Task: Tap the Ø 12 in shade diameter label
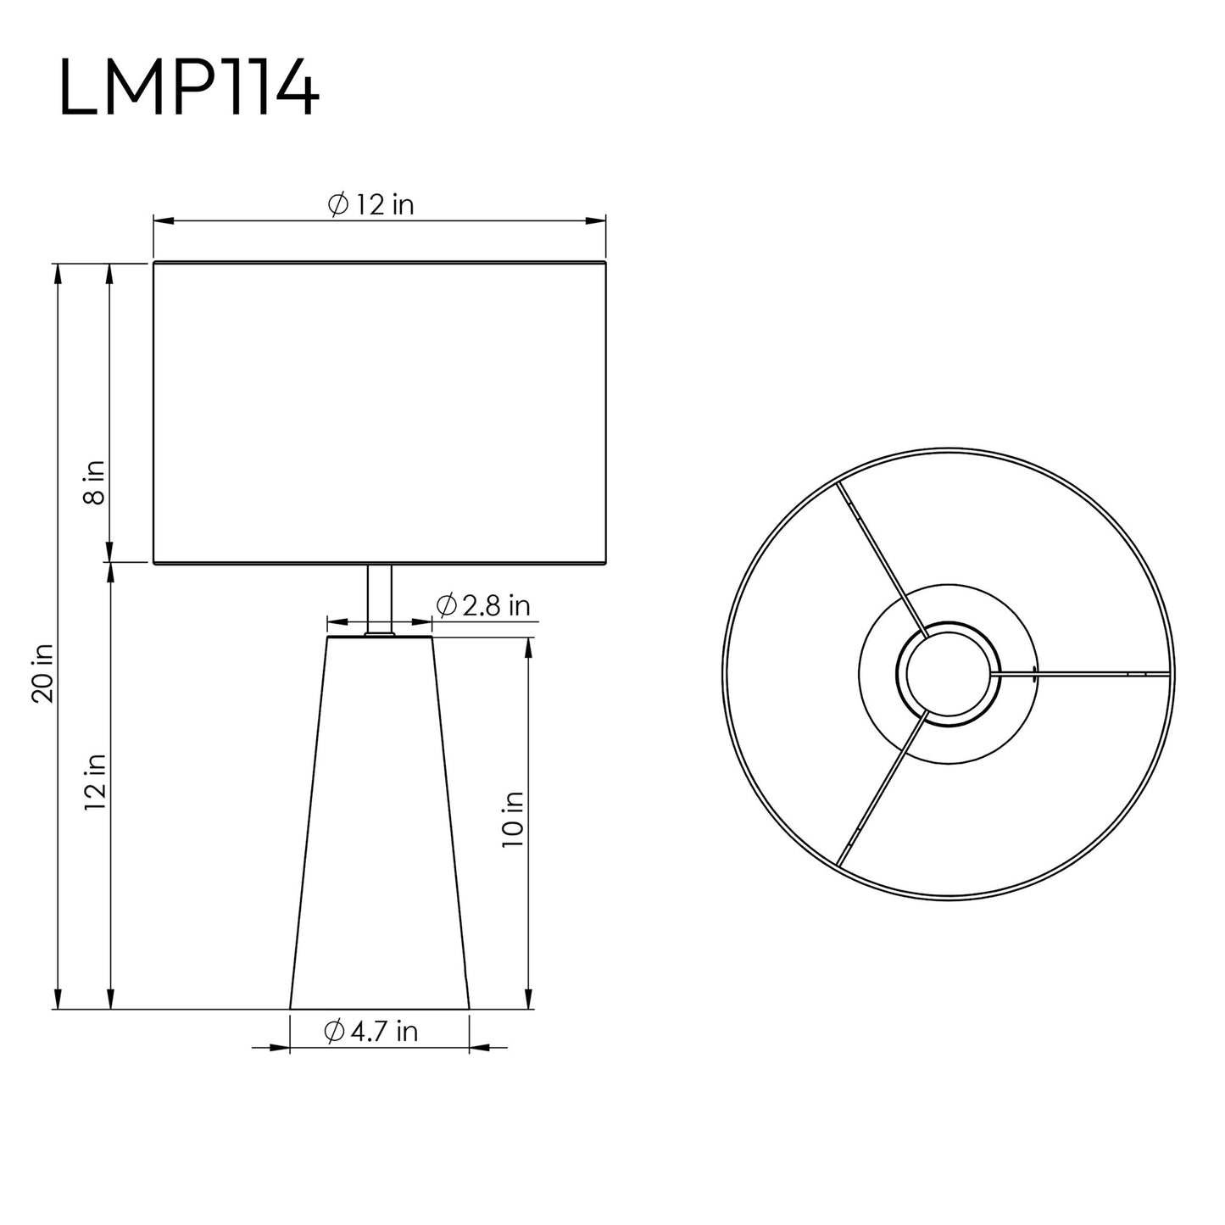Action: click(371, 204)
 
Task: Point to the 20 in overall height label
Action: click(42, 673)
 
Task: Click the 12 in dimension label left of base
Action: click(95, 782)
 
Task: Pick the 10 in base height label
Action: click(512, 820)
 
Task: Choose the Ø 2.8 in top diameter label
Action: click(483, 606)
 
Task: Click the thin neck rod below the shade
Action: click(380, 599)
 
